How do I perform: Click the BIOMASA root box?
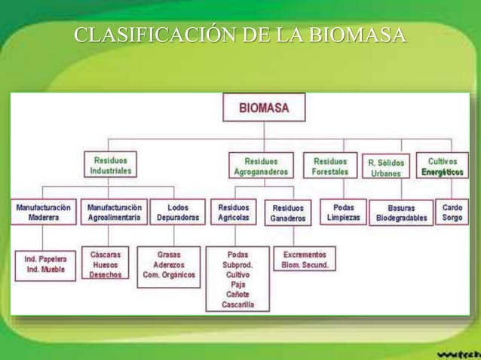[264, 107]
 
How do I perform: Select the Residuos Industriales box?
[111, 166]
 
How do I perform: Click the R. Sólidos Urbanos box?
[386, 167]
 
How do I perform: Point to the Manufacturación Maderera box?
[44, 212]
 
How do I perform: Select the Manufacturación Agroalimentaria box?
[115, 212]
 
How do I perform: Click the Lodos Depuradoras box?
[178, 212]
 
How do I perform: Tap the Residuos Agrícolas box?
[234, 212]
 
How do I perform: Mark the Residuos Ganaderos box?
[288, 212]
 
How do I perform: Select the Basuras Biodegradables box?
[402, 212]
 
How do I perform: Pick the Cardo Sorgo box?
[452, 212]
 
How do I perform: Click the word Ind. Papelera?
[45, 258]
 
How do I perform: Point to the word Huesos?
[105, 265]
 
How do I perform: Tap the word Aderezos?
[169, 265]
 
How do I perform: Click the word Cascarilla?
[237, 305]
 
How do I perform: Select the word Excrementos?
[305, 255]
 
